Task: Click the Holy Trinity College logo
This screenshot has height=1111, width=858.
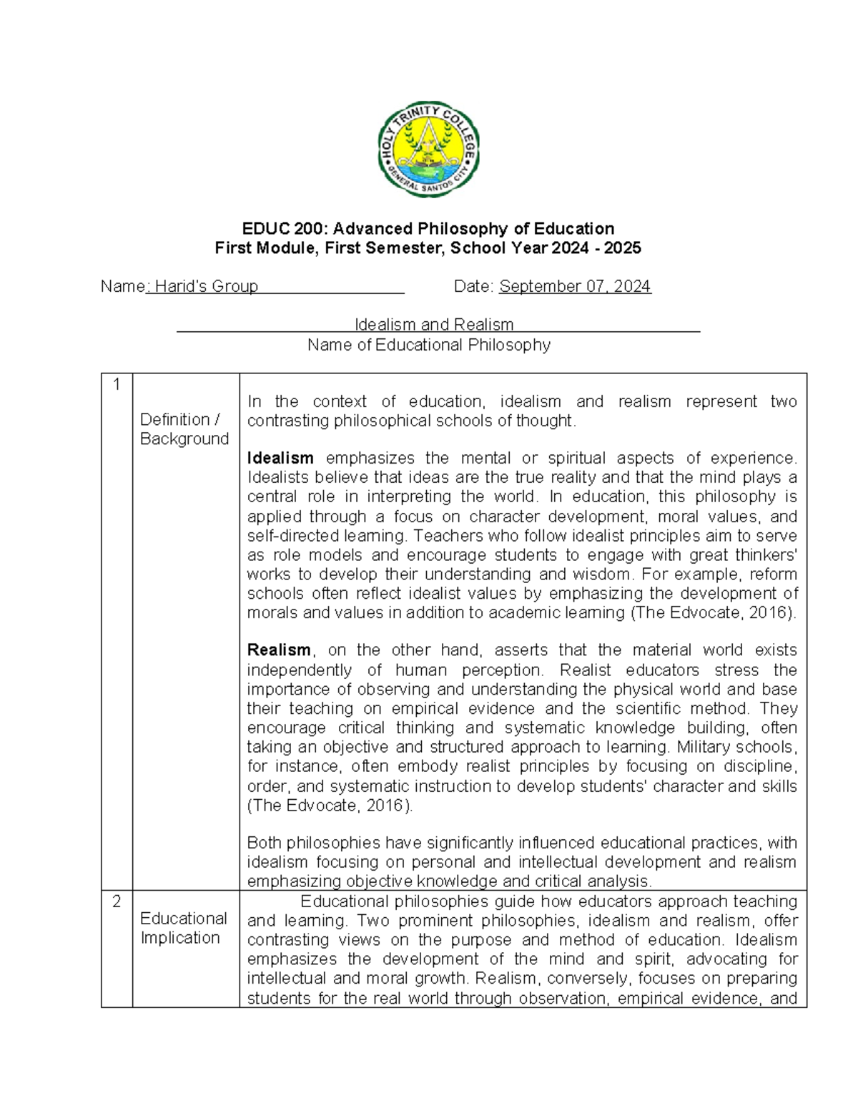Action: (x=428, y=150)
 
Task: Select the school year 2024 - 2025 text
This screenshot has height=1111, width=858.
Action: (x=603, y=248)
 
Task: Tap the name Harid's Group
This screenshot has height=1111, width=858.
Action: (x=206, y=287)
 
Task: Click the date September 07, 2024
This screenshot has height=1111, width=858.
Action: (x=575, y=287)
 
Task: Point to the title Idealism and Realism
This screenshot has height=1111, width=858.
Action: (x=434, y=325)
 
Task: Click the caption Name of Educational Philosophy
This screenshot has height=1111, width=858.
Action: (x=429, y=345)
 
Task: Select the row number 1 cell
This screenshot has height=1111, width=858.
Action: (x=117, y=384)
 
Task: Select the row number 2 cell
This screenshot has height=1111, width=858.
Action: (x=117, y=902)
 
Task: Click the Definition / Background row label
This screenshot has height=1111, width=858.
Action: (x=184, y=429)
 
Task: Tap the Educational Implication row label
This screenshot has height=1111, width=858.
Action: (x=184, y=928)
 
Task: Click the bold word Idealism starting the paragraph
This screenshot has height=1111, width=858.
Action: (x=280, y=458)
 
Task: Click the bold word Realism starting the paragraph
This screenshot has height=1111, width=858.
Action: (x=279, y=650)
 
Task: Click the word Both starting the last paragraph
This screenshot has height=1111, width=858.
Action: (x=265, y=843)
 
